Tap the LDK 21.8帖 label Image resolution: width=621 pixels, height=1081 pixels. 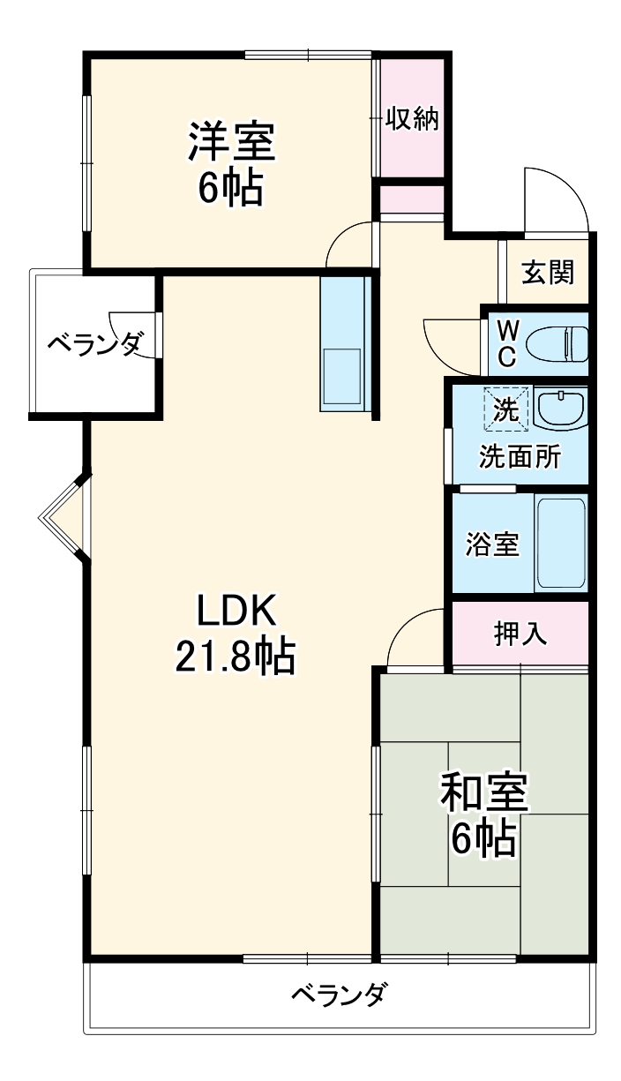[236, 632]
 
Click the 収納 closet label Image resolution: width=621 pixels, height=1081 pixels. [412, 118]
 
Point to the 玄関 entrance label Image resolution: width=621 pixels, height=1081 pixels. [547, 273]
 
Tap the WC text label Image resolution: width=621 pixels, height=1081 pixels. [507, 343]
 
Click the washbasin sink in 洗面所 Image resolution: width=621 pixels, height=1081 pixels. [560, 409]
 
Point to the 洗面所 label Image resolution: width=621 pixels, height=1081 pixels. [520, 457]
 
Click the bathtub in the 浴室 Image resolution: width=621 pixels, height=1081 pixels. [561, 544]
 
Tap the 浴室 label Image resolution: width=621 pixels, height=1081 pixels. [492, 544]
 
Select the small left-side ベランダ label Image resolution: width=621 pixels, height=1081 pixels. [94, 343]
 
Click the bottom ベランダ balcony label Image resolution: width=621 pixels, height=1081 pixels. [338, 995]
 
